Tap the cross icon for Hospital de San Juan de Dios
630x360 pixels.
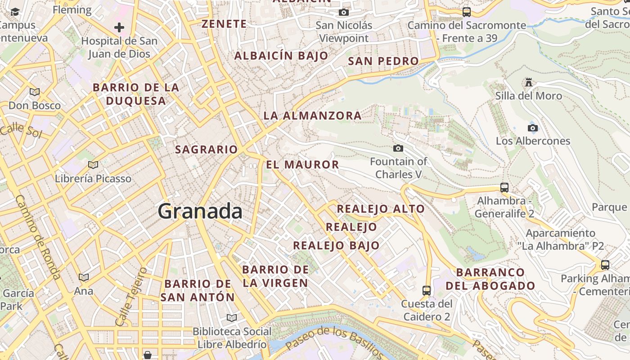pyautogui.click(x=119, y=28)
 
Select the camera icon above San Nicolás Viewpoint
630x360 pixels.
pyautogui.click(x=344, y=12)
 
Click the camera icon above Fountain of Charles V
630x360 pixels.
pyautogui.click(x=398, y=148)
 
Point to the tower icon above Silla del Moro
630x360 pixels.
pyautogui.click(x=529, y=82)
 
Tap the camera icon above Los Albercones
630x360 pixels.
pyautogui.click(x=533, y=128)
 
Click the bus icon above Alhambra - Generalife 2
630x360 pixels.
pyautogui.click(x=504, y=188)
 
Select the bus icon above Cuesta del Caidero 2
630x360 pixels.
pyautogui.click(x=427, y=291)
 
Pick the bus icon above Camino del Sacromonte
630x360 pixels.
pyautogui.click(x=467, y=12)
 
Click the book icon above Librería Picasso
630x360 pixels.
pyautogui.click(x=93, y=165)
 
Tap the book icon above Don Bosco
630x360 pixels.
pyautogui.click(x=35, y=92)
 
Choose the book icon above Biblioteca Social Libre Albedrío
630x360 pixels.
pyautogui.click(x=232, y=318)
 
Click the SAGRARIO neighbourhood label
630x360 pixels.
pyautogui.click(x=206, y=149)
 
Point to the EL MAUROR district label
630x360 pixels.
pyautogui.click(x=302, y=165)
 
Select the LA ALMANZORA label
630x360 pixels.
pyautogui.click(x=312, y=116)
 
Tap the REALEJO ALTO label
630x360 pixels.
pyautogui.click(x=381, y=209)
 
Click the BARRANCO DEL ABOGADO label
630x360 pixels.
pyautogui.click(x=490, y=279)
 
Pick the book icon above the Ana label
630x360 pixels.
pyautogui.click(x=84, y=277)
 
